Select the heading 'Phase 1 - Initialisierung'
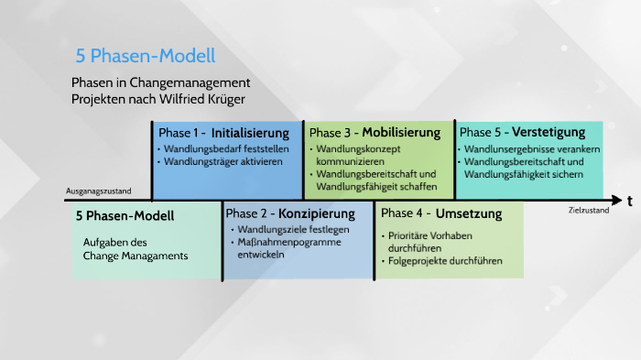pyautogui.click(x=224, y=132)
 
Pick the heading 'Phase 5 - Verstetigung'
pyautogui.click(x=522, y=132)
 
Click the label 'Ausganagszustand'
pyautogui.click(x=99, y=191)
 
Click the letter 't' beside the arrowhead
pyautogui.click(x=630, y=202)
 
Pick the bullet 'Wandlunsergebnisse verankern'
pyautogui.click(x=532, y=148)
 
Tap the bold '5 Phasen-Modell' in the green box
pyautogui.click(x=125, y=217)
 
